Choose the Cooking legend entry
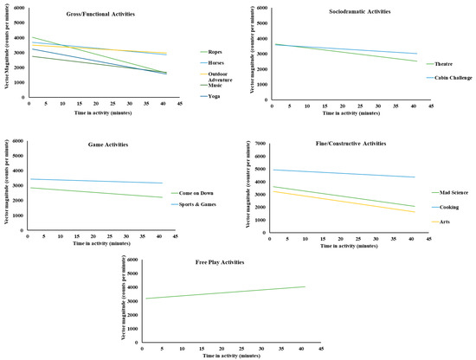tap(445, 208)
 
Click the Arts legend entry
tap(441, 222)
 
